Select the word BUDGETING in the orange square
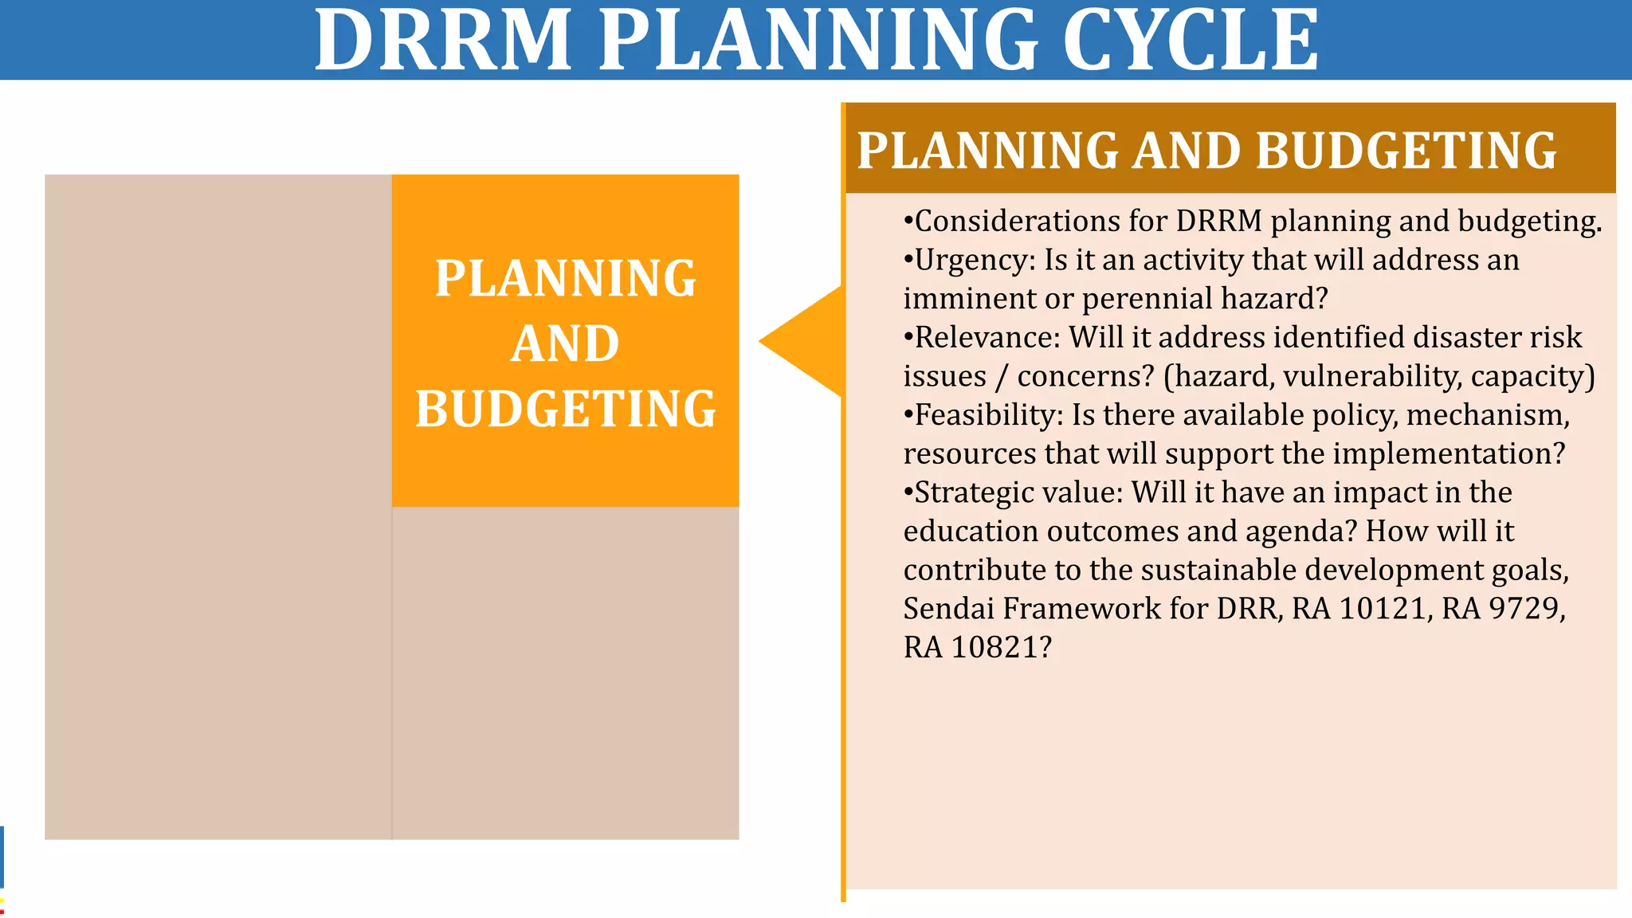[x=565, y=409]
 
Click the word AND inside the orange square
[x=565, y=343]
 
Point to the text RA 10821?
[x=977, y=647]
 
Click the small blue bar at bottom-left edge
[x=2, y=857]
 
